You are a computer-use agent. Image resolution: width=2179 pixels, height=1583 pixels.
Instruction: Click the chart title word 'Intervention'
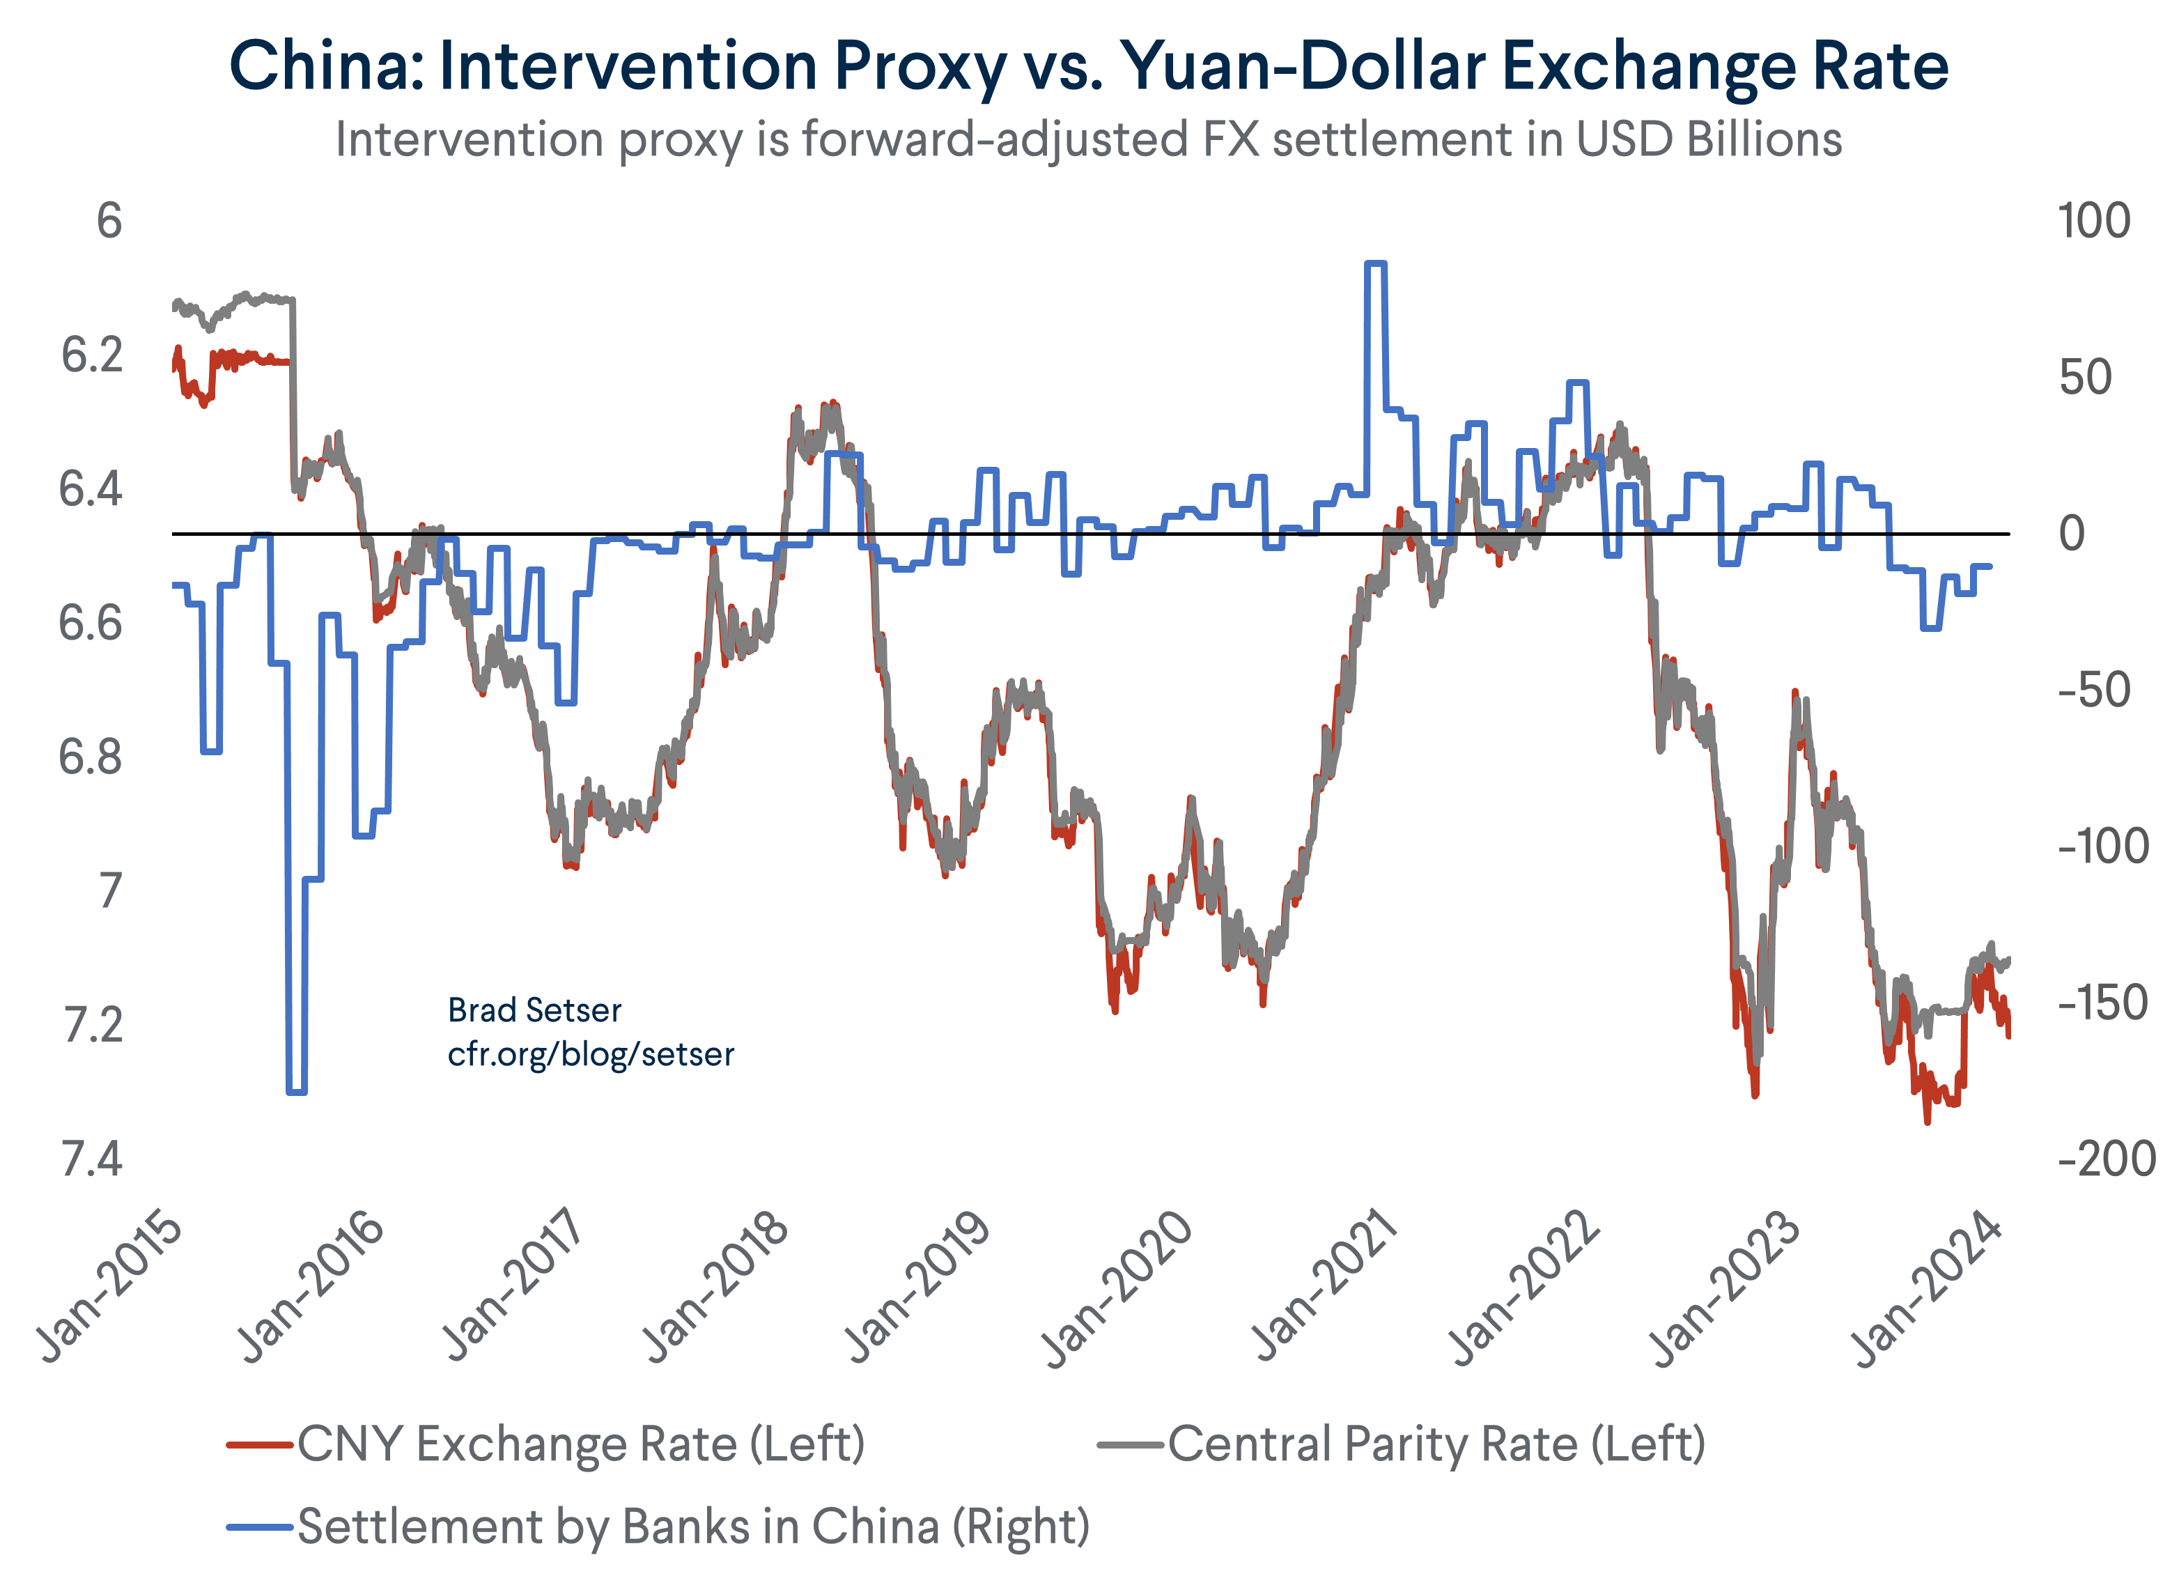(628, 68)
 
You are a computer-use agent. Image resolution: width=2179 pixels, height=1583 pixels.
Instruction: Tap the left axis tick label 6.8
(91, 758)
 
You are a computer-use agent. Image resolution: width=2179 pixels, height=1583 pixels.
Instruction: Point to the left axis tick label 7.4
(91, 1160)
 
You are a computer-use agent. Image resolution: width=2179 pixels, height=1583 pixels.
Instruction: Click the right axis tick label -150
(2103, 1003)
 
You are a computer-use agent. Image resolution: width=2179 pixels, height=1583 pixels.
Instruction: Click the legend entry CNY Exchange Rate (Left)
(580, 1444)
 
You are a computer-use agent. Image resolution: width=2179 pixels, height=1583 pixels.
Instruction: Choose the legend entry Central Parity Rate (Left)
(1436, 1444)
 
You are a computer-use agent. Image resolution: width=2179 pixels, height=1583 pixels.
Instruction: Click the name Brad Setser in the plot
(534, 1010)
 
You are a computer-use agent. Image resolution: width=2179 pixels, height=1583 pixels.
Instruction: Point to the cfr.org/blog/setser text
(590, 1054)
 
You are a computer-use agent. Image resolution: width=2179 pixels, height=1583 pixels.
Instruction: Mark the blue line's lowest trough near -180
(297, 1092)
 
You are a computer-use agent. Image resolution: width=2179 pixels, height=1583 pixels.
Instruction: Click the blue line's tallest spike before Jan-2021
(1375, 263)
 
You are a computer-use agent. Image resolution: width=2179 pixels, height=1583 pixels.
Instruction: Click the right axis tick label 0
(2072, 534)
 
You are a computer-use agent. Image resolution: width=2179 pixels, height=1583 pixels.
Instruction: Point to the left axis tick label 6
(109, 222)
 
